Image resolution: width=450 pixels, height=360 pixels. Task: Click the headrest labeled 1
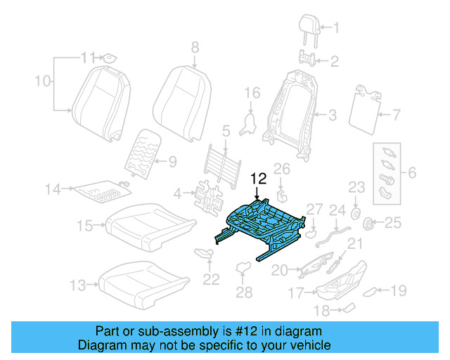309,27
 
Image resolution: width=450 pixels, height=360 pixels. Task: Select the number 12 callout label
258,179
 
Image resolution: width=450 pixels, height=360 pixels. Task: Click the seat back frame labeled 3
291,112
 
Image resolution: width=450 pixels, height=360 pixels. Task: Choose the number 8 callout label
195,47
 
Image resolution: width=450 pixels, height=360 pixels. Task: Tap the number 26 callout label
281,168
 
